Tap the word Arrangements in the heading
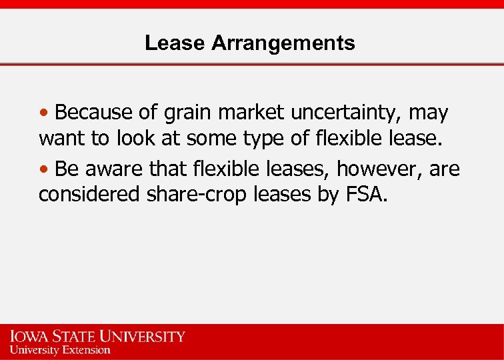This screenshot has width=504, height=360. [x=283, y=43]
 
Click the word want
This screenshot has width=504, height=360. [x=61, y=139]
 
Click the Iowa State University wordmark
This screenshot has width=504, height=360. [x=97, y=336]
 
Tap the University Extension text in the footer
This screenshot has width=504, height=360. [x=60, y=349]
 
